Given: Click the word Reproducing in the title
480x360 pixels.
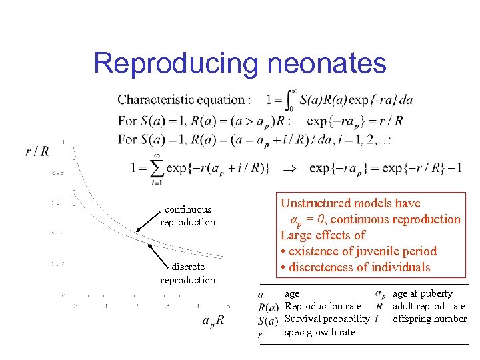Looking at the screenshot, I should click(x=175, y=64).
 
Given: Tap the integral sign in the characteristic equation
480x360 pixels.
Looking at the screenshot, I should click(x=290, y=99).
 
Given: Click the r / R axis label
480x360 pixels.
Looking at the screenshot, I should click(x=37, y=152).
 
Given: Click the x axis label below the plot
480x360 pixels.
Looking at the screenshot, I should click(x=213, y=319).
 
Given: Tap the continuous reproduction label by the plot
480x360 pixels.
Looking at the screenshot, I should click(x=187, y=215).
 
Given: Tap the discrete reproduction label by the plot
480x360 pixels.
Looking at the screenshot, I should click(x=187, y=273).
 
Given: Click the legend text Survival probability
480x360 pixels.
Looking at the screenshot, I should click(x=327, y=319).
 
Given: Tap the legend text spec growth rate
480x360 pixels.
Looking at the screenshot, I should click(x=319, y=332).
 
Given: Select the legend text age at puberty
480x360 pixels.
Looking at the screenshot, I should click(x=423, y=293).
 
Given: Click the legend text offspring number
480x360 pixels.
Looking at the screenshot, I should click(x=429, y=319).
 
